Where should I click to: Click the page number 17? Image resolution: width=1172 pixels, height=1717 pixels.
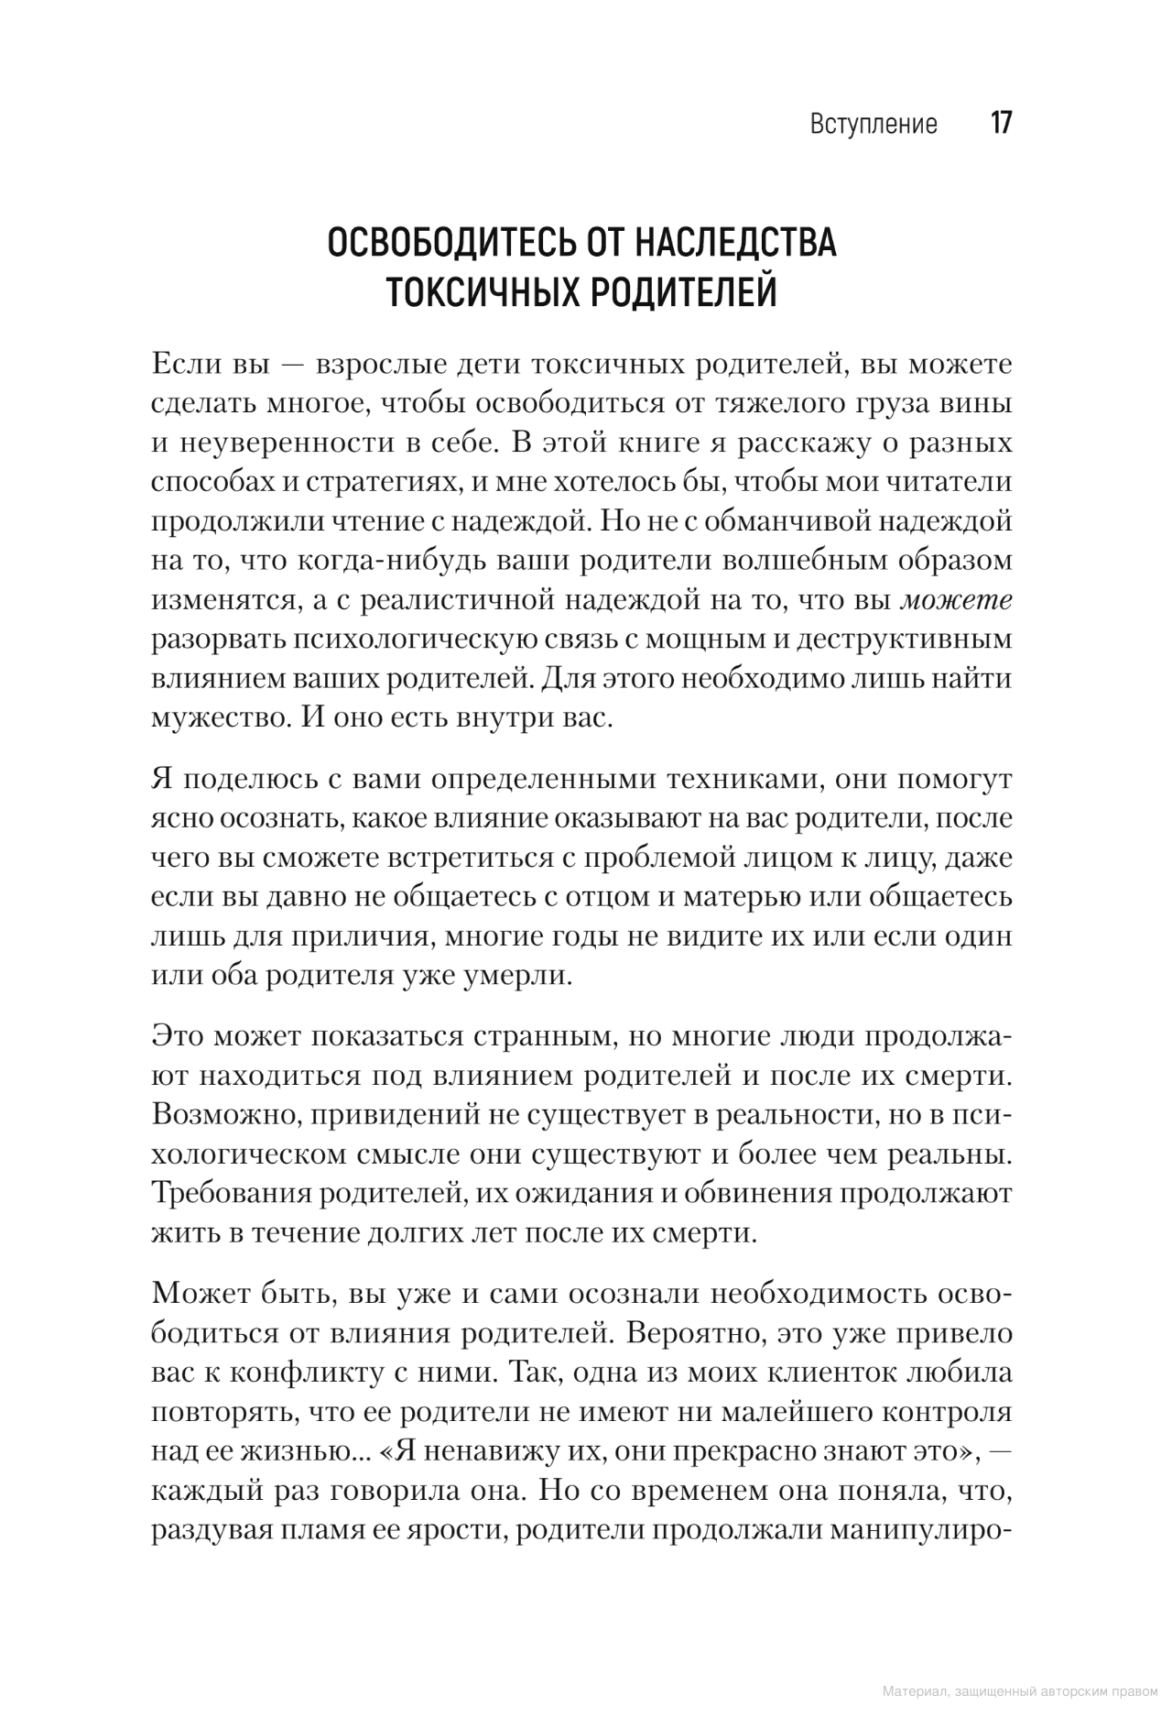click(x=1001, y=124)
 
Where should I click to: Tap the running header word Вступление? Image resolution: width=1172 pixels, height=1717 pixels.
click(x=874, y=125)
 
